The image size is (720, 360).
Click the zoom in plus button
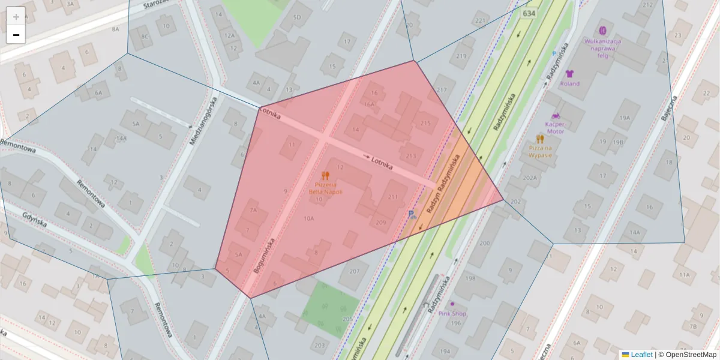(x=16, y=17)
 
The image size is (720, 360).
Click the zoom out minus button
(x=16, y=35)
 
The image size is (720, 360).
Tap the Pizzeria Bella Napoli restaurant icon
(x=325, y=176)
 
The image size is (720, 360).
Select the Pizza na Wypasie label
(x=540, y=151)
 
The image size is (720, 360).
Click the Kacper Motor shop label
(x=554, y=127)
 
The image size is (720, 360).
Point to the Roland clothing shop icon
(x=569, y=74)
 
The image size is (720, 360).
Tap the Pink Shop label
(x=452, y=313)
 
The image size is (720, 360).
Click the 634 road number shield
(x=529, y=13)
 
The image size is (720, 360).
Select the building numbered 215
(x=425, y=124)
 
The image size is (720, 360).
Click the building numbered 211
(x=393, y=197)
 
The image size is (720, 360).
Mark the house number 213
(x=411, y=156)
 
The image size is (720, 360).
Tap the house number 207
(x=353, y=272)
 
